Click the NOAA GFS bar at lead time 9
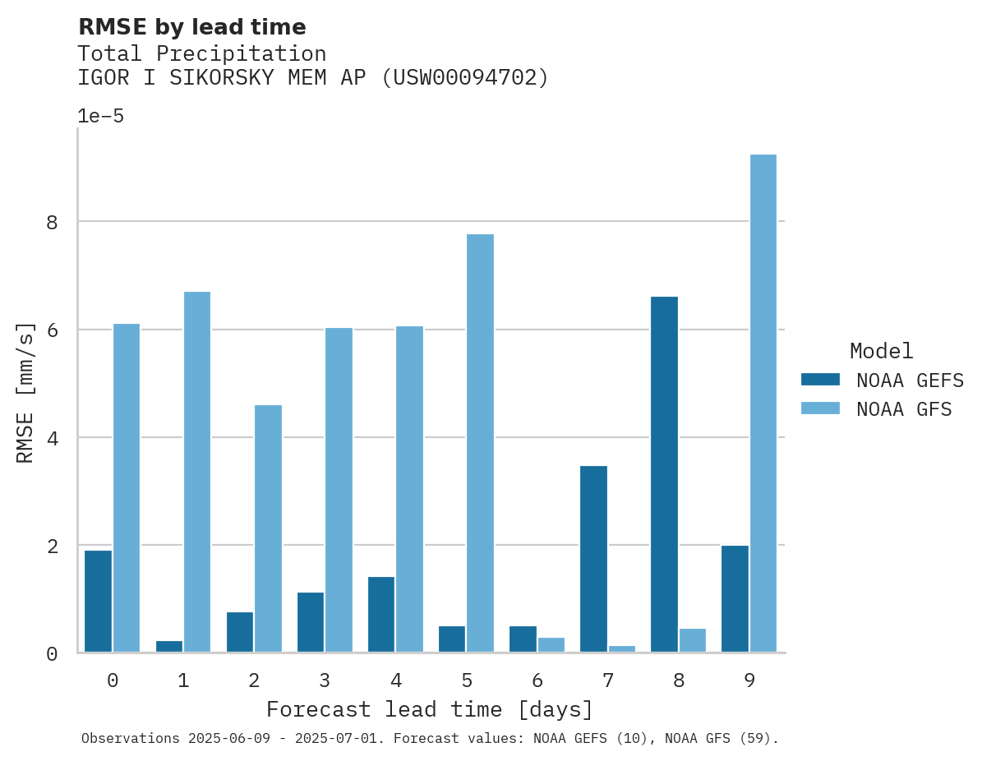click(x=763, y=404)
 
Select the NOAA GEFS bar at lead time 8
click(x=664, y=474)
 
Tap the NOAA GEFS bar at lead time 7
click(x=593, y=559)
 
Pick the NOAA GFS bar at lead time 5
click(x=480, y=443)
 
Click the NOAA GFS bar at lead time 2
click(x=268, y=528)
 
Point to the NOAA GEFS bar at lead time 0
click(x=98, y=601)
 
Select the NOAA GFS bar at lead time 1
click(x=197, y=472)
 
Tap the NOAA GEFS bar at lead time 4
click(x=381, y=614)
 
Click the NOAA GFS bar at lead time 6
click(x=551, y=644)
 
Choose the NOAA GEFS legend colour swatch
click(x=820, y=379)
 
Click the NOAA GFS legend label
click(x=904, y=408)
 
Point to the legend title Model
click(x=881, y=351)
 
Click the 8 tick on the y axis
click(x=52, y=222)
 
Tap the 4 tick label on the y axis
click(x=52, y=438)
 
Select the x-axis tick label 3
click(x=325, y=680)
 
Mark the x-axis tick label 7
click(x=607, y=680)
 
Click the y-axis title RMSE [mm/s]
click(x=26, y=392)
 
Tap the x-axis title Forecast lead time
click(x=429, y=709)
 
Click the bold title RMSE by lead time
click(x=191, y=27)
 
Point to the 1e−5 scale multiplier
click(x=100, y=116)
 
